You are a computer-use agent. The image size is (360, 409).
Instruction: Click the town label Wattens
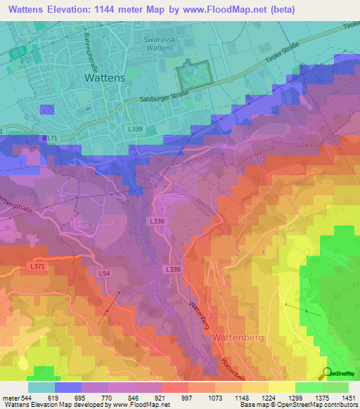pos(105,79)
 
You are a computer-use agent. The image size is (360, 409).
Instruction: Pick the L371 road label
pos(37,266)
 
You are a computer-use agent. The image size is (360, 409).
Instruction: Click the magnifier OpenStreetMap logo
pos(327,373)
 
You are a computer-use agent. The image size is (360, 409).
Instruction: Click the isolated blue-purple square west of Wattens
pos(47,109)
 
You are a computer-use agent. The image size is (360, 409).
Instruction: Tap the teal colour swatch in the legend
pos(41,387)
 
